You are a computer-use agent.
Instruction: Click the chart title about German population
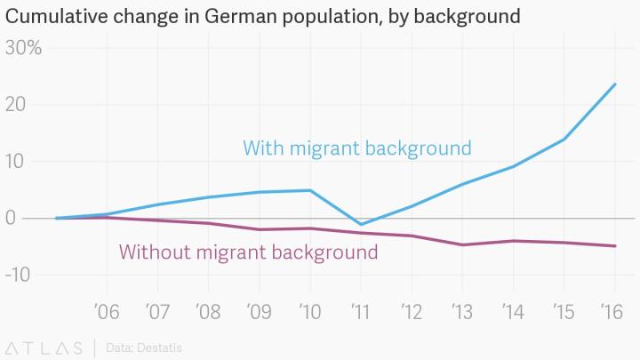point(263,16)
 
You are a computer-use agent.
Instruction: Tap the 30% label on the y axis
point(24,48)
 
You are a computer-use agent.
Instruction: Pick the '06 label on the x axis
point(107,313)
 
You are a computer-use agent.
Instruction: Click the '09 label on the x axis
point(260,313)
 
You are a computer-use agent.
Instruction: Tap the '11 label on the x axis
point(361,313)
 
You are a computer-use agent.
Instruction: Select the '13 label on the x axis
point(462,313)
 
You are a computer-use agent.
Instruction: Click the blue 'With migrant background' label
point(357,148)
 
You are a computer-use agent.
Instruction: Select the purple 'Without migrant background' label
point(248,252)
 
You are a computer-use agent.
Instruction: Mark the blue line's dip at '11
point(361,224)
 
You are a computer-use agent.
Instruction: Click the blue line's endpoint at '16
point(615,84)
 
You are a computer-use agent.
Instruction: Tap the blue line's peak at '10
point(310,190)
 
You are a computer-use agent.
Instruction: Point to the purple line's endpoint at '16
point(615,246)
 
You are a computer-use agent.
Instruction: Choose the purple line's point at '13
point(462,244)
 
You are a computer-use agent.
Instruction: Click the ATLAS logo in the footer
point(44,347)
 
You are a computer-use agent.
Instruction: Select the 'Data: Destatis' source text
point(143,347)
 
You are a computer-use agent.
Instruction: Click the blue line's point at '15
point(564,139)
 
